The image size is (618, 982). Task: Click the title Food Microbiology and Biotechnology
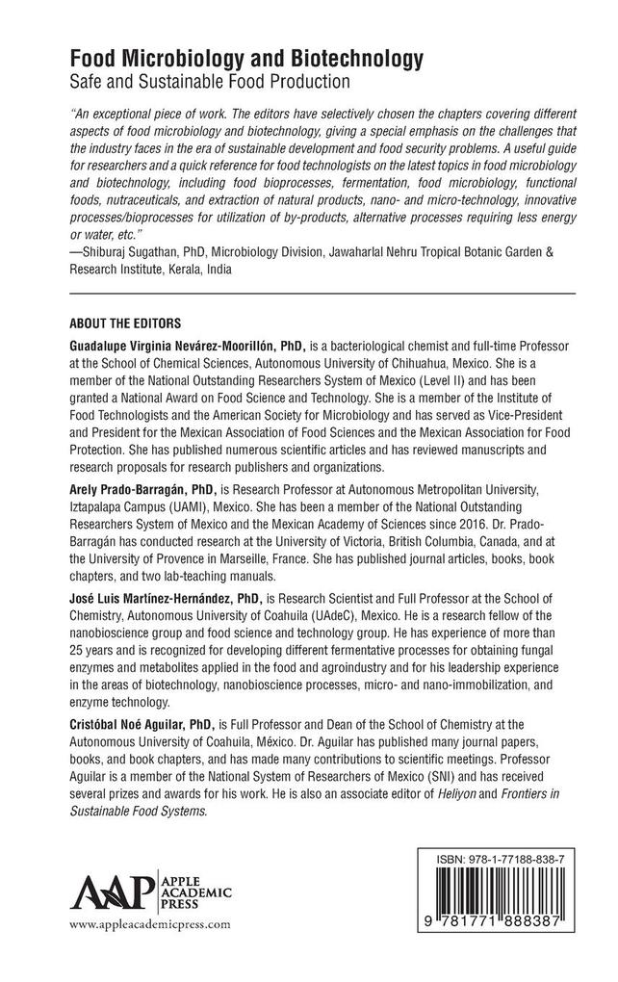click(247, 60)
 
